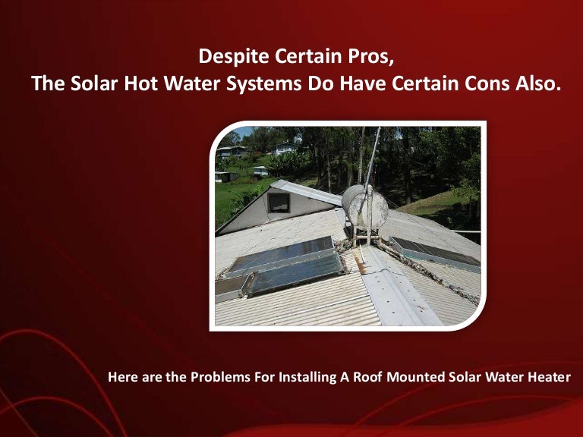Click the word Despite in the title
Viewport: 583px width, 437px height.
coord(225,56)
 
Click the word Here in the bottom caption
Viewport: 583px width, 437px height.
coord(124,376)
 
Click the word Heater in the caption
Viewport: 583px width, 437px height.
coord(546,376)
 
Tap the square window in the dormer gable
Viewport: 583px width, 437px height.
coord(279,203)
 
